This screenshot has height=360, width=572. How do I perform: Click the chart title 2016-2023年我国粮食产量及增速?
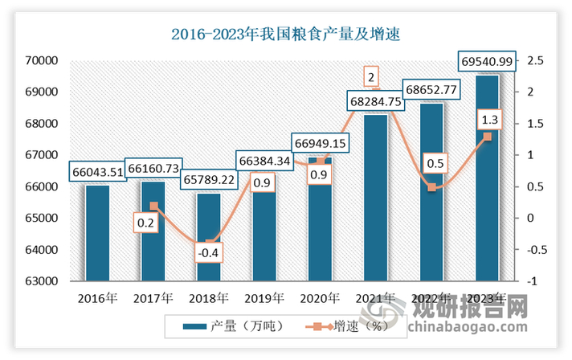click(x=286, y=35)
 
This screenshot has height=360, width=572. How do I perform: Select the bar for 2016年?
click(x=97, y=233)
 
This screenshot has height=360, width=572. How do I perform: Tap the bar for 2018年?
click(x=208, y=237)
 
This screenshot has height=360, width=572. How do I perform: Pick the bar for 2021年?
click(x=376, y=197)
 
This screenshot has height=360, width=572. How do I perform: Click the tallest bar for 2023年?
click(x=487, y=177)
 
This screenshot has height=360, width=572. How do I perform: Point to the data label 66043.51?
click(x=98, y=171)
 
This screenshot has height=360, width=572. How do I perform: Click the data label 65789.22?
click(x=208, y=179)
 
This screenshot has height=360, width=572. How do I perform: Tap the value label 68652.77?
click(x=431, y=88)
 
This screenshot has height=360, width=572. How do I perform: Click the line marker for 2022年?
click(x=431, y=187)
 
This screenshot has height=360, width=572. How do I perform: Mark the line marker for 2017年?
click(x=153, y=206)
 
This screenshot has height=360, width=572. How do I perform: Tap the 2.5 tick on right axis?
click(x=535, y=60)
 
